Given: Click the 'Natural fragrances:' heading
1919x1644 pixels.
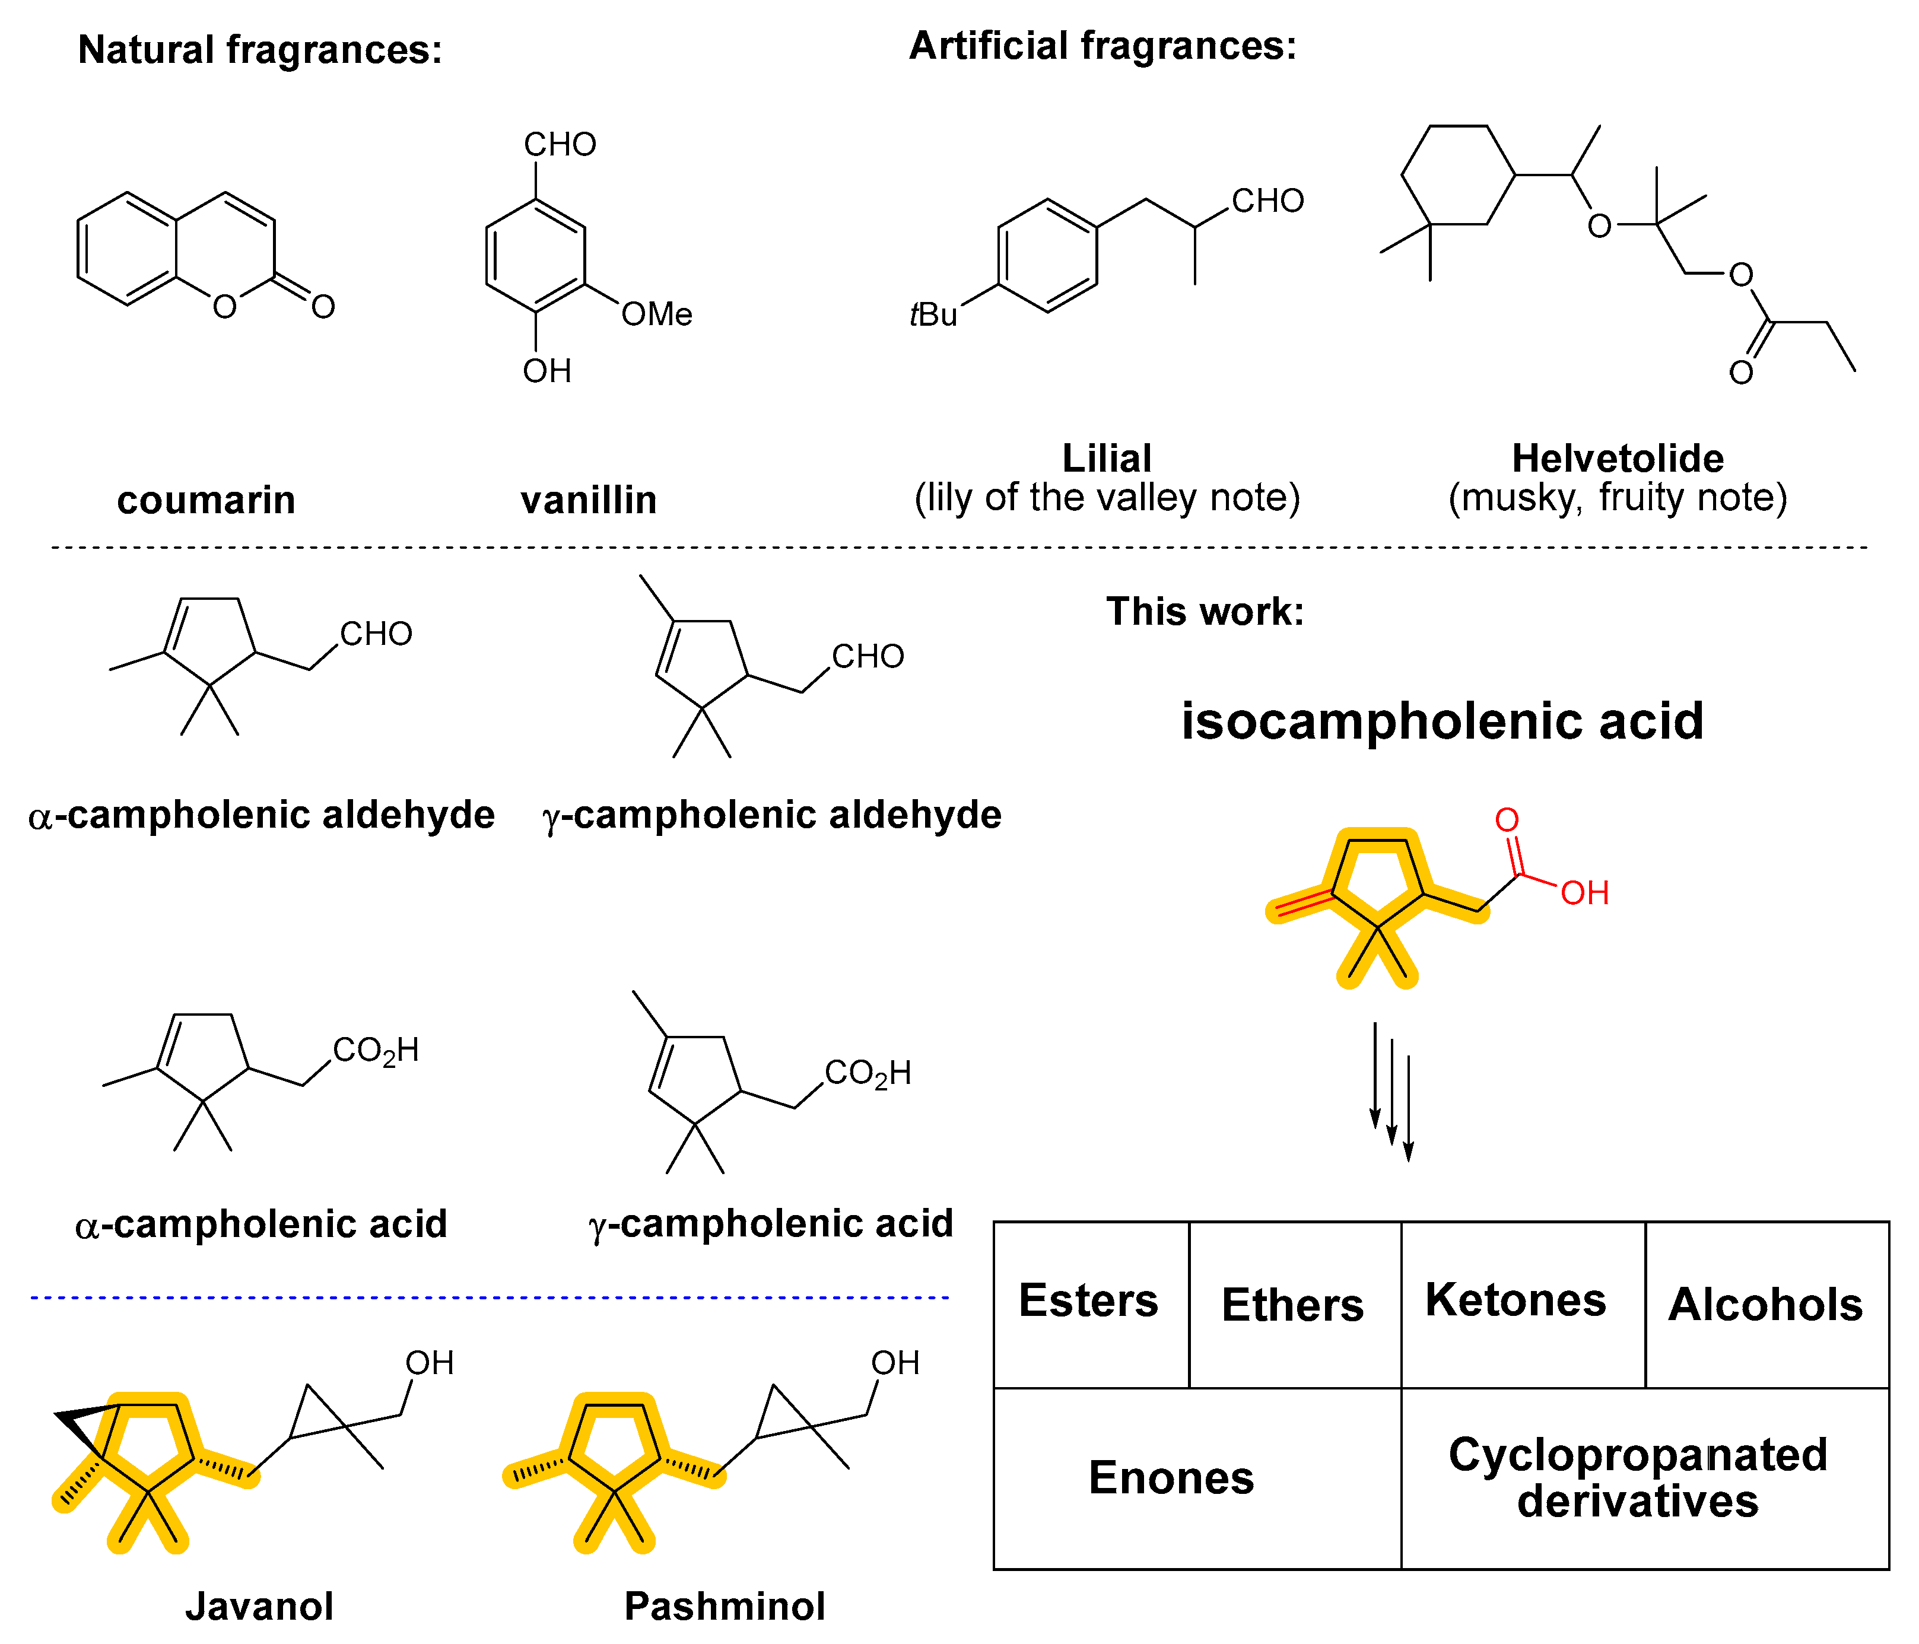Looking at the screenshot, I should click(260, 50).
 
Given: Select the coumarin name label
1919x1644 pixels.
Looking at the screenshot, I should click(205, 500).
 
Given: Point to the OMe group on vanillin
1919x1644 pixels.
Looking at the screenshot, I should click(656, 315).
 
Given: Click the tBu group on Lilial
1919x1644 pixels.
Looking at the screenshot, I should click(933, 315).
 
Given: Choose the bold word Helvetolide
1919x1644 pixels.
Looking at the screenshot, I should click(1617, 459).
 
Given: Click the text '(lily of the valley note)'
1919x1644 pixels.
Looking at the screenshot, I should click(1107, 498).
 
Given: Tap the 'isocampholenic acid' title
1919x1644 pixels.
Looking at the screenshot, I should click(1442, 721).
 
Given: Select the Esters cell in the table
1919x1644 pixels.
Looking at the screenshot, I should click(1089, 1301).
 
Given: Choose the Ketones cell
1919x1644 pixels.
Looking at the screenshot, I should click(1515, 1300).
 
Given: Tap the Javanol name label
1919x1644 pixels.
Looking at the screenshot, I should click(259, 1606).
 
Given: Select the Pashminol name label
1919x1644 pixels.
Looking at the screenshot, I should click(725, 1606).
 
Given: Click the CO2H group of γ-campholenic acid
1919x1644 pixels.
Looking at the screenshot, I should click(868, 1073).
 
